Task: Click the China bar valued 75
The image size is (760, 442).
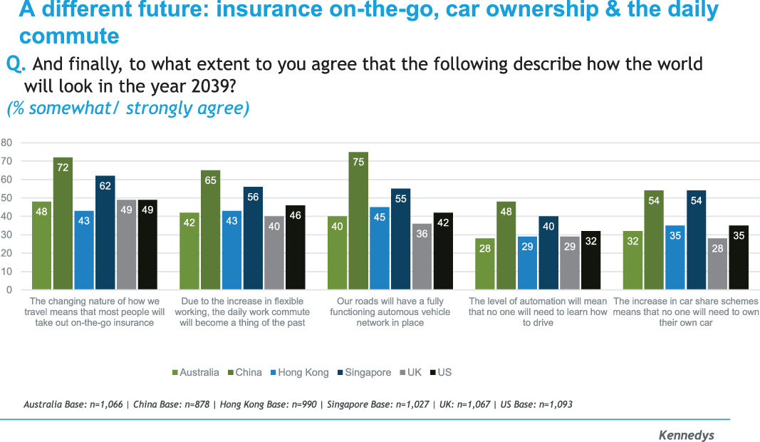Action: click(358, 221)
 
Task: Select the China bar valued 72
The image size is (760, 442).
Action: click(63, 224)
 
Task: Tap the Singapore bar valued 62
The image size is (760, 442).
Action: click(105, 233)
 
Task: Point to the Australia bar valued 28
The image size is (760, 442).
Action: click(485, 264)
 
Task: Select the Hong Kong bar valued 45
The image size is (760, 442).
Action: click(380, 249)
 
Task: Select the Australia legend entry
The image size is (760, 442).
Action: click(196, 372)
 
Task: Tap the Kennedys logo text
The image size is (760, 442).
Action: click(685, 435)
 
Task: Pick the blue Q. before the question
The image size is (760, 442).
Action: click(16, 64)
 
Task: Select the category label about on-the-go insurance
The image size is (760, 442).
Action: click(95, 312)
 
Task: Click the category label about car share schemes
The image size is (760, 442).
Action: click(685, 312)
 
